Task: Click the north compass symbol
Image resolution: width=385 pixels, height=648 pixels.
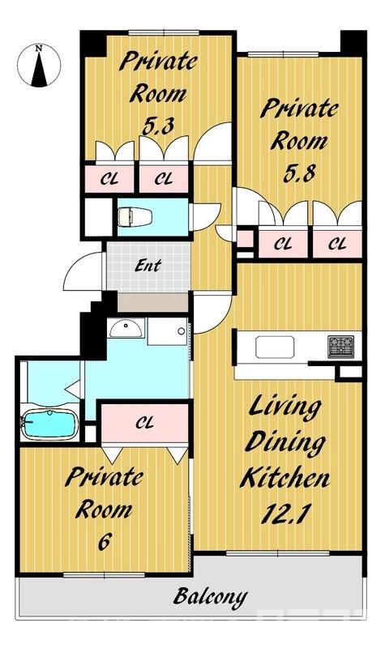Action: [x=39, y=66]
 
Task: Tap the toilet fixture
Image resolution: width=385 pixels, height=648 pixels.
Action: [x=135, y=217]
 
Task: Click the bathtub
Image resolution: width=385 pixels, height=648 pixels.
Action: [x=49, y=424]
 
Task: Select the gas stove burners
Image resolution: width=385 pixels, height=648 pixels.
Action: [x=340, y=347]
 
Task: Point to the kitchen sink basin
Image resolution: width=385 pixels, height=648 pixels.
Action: [x=275, y=347]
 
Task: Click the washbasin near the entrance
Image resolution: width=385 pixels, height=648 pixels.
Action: [x=126, y=328]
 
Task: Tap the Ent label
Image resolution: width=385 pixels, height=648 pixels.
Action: [x=148, y=266]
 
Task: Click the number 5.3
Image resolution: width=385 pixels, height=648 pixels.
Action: [x=157, y=126]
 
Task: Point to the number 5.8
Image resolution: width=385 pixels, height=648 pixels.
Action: [x=299, y=173]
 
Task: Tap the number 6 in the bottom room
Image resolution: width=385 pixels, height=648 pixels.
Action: [x=104, y=541]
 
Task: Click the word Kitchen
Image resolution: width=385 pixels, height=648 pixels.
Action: [x=284, y=478]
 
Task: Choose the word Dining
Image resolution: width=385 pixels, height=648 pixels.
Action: [x=285, y=443]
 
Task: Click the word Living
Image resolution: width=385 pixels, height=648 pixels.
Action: [x=285, y=407]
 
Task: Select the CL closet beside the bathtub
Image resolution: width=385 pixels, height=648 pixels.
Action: [x=145, y=423]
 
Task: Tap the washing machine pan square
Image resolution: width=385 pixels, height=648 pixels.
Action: [x=167, y=331]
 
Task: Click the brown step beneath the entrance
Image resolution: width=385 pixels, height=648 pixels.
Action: [x=153, y=303]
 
